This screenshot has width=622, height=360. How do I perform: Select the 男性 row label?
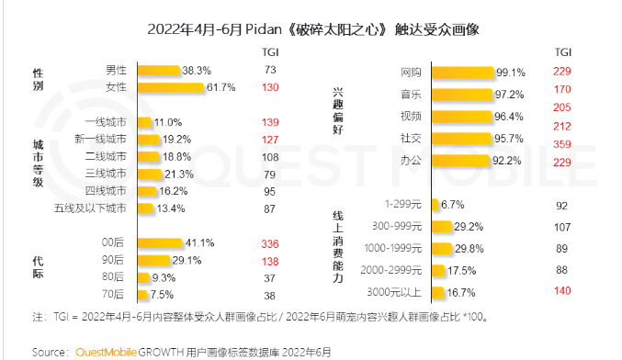(116, 70)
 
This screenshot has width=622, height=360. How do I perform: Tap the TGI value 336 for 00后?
(269, 243)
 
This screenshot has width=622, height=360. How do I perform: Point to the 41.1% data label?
(200, 243)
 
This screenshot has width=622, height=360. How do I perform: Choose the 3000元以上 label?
(400, 292)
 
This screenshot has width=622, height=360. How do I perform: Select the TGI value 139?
(269, 122)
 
